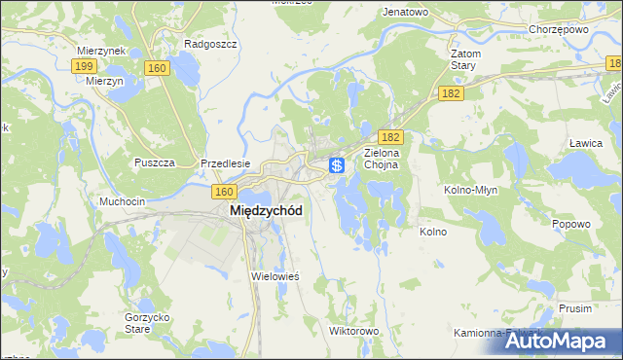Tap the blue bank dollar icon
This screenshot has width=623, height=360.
click(337, 166)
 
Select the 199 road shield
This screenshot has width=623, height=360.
click(83, 66)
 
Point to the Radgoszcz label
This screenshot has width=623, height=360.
click(206, 44)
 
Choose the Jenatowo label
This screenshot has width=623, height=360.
click(406, 13)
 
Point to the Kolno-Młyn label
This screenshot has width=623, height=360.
click(471, 190)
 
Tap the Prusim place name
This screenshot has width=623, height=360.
click(575, 307)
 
